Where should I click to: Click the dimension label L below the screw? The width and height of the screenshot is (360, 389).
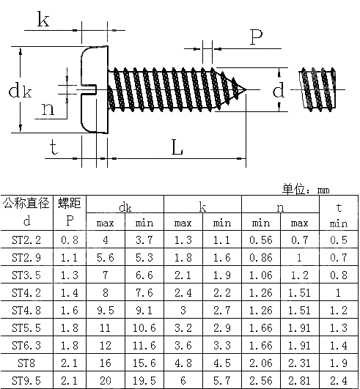[177, 148]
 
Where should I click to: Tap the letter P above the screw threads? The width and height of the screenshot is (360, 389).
[256, 37]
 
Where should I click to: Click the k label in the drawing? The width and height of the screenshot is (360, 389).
[43, 20]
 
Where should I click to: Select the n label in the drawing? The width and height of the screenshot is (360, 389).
[47, 110]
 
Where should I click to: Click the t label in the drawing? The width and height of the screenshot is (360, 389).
[54, 147]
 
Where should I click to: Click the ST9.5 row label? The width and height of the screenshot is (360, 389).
[27, 381]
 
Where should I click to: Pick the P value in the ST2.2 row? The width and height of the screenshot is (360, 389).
[70, 239]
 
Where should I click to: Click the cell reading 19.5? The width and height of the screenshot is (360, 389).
[144, 381]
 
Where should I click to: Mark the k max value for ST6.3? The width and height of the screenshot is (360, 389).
[183, 345]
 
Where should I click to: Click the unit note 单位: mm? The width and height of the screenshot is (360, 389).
[306, 190]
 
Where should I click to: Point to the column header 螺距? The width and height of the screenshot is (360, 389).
[70, 203]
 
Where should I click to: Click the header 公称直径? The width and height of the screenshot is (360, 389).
[27, 203]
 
